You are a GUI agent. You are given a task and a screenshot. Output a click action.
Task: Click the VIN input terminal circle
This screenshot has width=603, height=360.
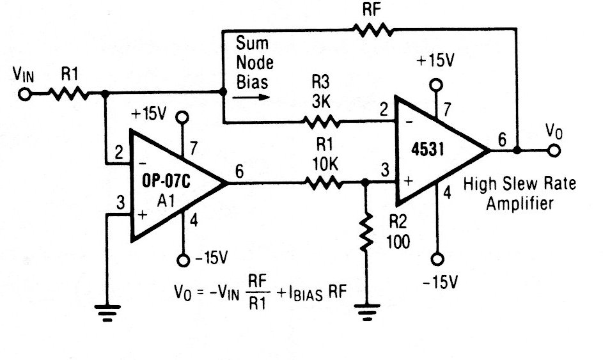(x=24, y=94)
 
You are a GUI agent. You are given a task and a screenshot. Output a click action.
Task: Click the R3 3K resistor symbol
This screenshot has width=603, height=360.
(x=320, y=121)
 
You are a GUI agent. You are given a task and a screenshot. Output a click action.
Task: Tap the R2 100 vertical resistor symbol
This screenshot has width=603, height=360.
(x=365, y=233)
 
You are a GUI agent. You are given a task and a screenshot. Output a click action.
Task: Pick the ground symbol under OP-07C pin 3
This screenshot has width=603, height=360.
(x=107, y=312)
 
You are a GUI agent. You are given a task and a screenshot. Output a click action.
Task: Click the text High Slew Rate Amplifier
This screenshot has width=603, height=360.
(x=519, y=193)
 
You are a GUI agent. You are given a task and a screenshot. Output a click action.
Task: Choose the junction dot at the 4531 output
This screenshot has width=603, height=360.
(x=516, y=152)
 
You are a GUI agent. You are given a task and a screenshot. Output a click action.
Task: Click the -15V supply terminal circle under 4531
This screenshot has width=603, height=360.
(x=437, y=260)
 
